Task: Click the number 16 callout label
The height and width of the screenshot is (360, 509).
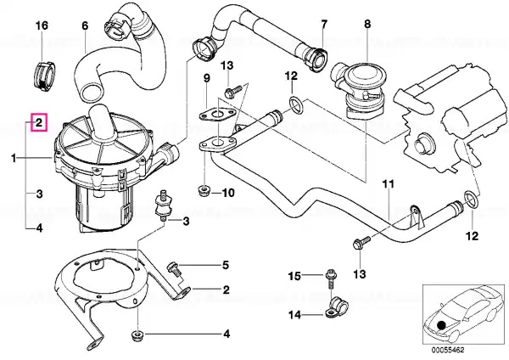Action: (x=42, y=25)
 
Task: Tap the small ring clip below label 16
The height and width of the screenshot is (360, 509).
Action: (x=44, y=76)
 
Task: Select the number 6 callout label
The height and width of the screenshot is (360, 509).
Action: (x=85, y=25)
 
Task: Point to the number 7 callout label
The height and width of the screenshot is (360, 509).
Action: (x=324, y=24)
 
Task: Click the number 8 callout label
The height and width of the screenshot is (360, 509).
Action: (x=367, y=24)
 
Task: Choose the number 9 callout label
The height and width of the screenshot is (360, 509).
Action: (x=206, y=78)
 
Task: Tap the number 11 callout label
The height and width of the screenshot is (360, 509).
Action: (x=388, y=184)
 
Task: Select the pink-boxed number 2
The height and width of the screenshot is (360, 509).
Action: (x=39, y=122)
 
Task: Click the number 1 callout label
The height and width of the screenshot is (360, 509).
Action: (x=14, y=159)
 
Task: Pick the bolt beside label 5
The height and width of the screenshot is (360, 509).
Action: (x=173, y=270)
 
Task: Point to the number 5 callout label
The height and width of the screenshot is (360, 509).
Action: (x=226, y=266)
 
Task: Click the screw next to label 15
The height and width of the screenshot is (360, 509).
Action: (x=331, y=278)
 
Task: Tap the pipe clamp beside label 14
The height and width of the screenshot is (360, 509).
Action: (x=336, y=307)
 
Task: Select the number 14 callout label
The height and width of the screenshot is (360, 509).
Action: (x=294, y=315)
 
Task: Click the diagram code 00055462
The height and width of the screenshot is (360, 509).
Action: (x=448, y=351)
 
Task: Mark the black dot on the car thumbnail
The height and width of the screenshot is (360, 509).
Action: (x=441, y=325)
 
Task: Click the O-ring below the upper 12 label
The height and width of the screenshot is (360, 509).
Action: (x=296, y=105)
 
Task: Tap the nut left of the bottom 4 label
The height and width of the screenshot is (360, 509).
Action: (x=137, y=335)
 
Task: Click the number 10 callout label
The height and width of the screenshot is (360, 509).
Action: (x=228, y=193)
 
